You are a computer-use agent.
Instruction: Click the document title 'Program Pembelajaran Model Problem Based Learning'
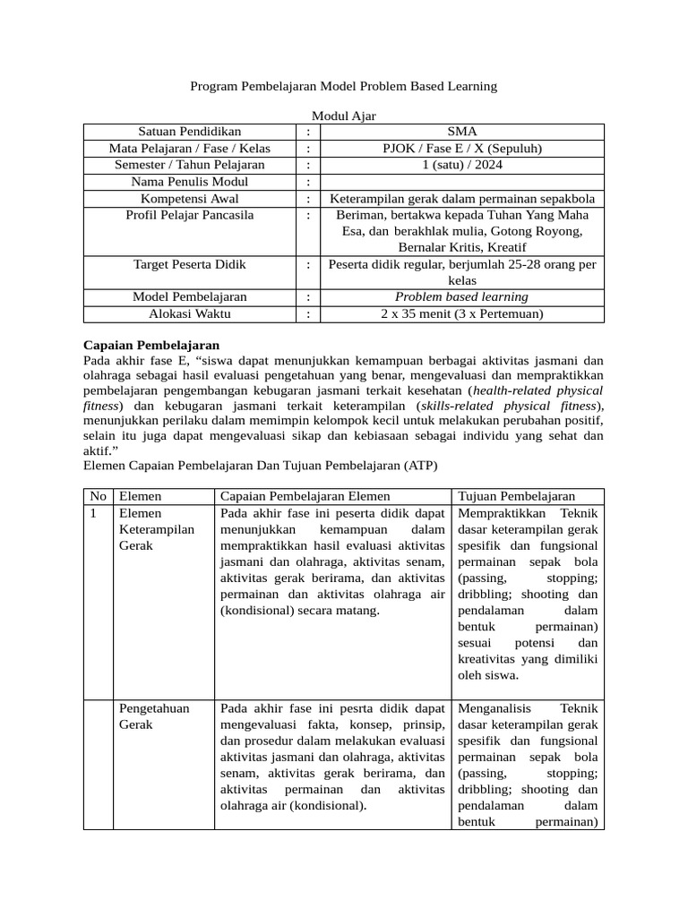(344, 87)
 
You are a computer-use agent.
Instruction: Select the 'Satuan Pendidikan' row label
(189, 132)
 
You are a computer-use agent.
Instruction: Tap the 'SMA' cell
(462, 132)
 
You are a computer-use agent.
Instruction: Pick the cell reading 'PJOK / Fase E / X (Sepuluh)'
(462, 149)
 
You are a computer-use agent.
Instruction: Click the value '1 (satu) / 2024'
(462, 166)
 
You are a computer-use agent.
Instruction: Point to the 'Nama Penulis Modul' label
(189, 182)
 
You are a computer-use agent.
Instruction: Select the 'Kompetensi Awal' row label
(189, 199)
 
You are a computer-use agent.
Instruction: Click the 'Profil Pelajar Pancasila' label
(189, 215)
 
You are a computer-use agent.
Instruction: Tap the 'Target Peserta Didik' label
(189, 265)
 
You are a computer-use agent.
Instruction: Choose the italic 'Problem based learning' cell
(462, 297)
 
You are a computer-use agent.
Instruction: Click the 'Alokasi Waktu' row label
(189, 313)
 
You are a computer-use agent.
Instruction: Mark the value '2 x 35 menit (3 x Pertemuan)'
(462, 313)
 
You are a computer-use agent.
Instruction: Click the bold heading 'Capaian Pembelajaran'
(151, 345)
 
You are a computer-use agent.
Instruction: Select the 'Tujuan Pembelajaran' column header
(516, 496)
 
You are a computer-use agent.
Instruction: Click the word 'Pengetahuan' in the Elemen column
(155, 708)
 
